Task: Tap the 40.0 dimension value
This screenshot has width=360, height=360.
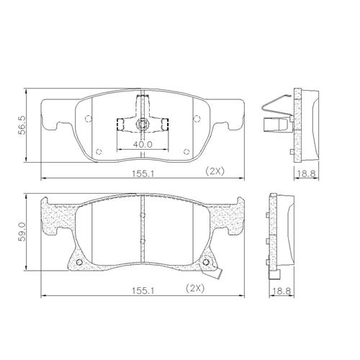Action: pyautogui.click(x=143, y=144)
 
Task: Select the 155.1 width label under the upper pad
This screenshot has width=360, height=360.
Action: pyautogui.click(x=143, y=174)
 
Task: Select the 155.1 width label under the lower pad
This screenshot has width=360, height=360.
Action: pyautogui.click(x=143, y=291)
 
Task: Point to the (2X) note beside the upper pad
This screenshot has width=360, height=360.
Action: pyautogui.click(x=215, y=171)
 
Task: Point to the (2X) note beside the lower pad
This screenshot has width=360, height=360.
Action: pyautogui.click(x=195, y=288)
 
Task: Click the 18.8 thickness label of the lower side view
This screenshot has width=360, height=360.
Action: pyautogui.click(x=282, y=291)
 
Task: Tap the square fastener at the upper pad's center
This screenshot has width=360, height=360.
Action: pyautogui.click(x=143, y=125)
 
